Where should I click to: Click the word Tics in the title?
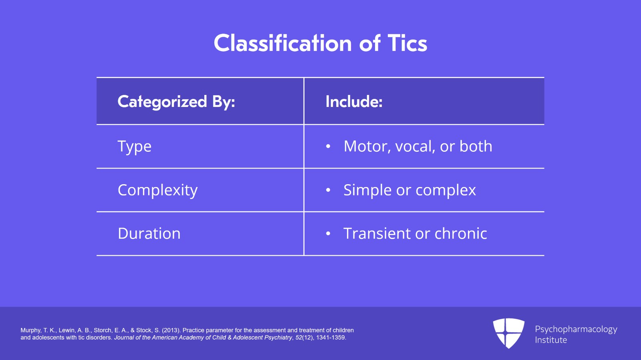(x=407, y=43)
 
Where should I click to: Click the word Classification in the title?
(x=283, y=43)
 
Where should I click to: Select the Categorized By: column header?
(x=176, y=102)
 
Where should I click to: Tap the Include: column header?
(x=354, y=101)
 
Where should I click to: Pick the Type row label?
(x=135, y=147)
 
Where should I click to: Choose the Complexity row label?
(x=158, y=191)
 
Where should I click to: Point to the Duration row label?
(x=149, y=233)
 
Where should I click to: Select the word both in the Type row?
(x=476, y=146)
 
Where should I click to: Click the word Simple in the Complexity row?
(x=367, y=191)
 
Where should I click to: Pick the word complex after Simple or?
(x=445, y=191)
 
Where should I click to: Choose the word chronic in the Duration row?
(x=461, y=233)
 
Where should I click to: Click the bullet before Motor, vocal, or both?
(x=328, y=147)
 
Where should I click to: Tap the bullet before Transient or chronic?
(x=328, y=233)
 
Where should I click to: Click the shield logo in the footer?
(x=508, y=333)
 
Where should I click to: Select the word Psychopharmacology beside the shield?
(x=576, y=330)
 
